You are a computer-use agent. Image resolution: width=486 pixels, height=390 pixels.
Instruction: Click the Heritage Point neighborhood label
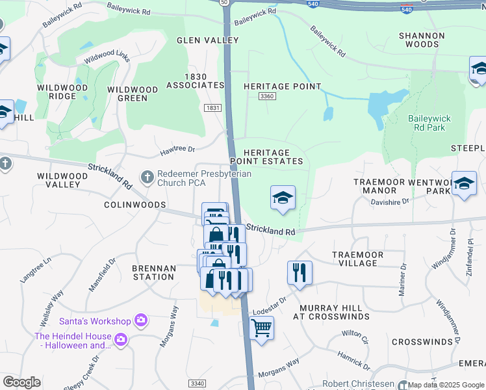(282, 86)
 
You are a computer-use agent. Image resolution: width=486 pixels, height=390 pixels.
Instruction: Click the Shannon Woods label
(422, 40)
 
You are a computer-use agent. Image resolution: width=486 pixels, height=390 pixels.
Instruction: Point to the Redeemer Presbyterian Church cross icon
(147, 176)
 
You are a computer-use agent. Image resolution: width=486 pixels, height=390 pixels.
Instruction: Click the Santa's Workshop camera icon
(140, 320)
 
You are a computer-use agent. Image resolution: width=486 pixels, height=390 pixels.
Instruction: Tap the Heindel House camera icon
(120, 339)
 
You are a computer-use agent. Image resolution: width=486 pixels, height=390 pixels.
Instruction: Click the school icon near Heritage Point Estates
(283, 198)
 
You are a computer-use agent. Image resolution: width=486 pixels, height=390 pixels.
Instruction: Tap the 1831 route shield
(212, 108)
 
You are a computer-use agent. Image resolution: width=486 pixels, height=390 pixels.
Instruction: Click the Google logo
(21, 382)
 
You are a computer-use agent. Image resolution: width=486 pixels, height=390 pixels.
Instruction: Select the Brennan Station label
(153, 272)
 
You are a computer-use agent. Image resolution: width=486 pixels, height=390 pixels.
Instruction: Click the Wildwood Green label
(133, 94)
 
